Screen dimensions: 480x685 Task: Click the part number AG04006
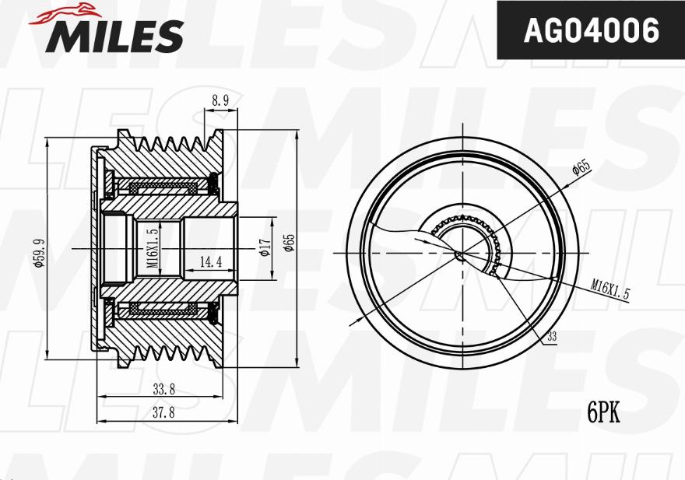point(591,31)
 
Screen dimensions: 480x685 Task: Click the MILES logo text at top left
point(117,36)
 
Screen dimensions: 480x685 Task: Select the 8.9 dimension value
point(220,100)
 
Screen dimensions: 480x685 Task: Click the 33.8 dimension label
point(163,389)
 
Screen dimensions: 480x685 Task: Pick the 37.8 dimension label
point(163,413)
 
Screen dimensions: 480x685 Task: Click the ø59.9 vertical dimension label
point(38,252)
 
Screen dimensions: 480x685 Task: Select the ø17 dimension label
point(264,248)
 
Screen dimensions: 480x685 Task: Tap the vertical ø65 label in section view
point(289,243)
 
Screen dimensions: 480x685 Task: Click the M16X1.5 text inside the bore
point(153,247)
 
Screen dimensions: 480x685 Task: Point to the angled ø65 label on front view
point(580,169)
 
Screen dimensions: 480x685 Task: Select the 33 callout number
point(551,337)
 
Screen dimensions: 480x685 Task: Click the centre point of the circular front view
point(460,253)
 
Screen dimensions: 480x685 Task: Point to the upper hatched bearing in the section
point(163,187)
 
